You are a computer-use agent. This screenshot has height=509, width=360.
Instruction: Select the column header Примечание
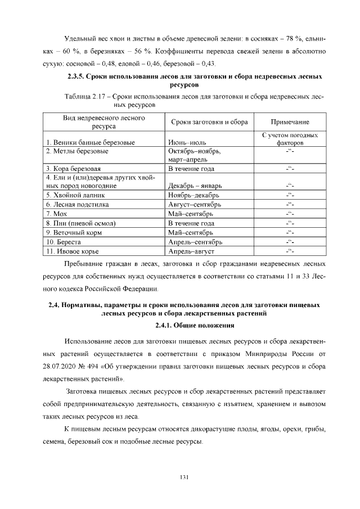pyautogui.click(x=290, y=122)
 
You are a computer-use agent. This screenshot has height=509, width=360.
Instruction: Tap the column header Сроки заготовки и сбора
pyautogui.click(x=208, y=122)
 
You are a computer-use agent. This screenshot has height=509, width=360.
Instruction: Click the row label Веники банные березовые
pyautogui.click(x=91, y=143)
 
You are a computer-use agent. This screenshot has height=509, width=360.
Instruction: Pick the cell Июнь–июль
pyautogui.click(x=188, y=143)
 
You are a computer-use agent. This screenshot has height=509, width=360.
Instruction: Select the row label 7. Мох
pyautogui.click(x=58, y=214)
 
